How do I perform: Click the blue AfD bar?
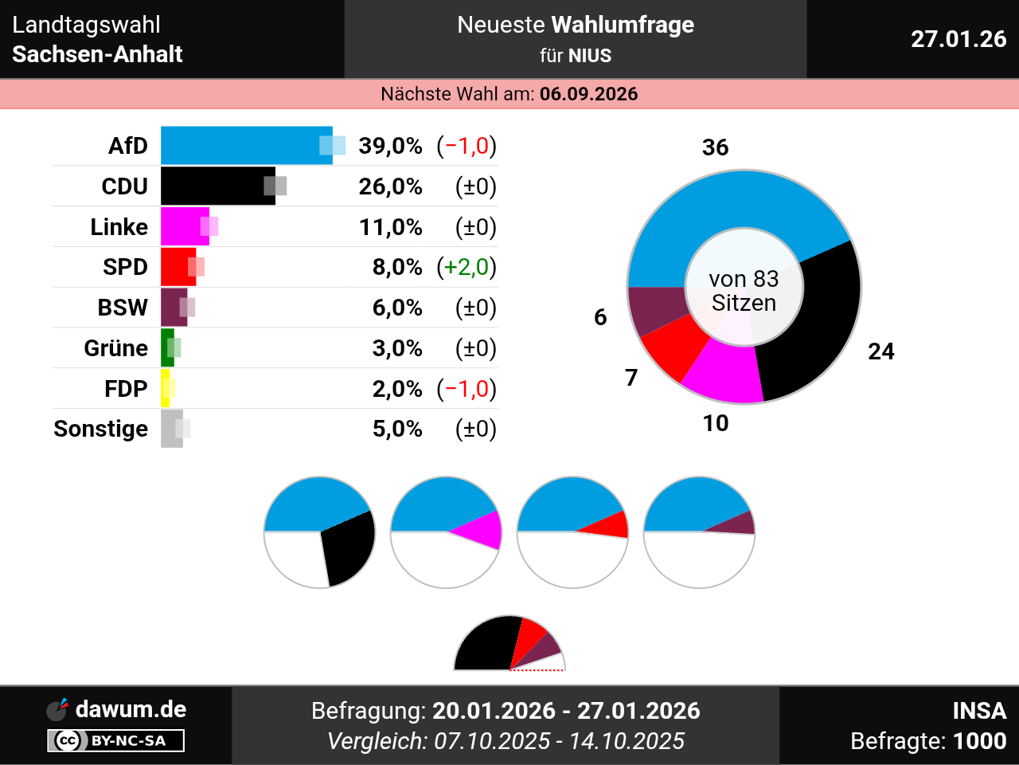pos(239,146)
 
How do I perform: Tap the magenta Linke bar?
pos(182,227)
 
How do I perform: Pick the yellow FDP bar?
pos(165,389)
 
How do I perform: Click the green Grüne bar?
pos(166,348)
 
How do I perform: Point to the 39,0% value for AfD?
pos(390,146)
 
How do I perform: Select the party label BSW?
pos(123,308)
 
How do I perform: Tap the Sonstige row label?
pos(101,429)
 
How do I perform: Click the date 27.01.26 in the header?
pos(958,39)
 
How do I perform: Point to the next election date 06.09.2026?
pos(588,94)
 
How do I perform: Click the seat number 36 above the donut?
pos(715,147)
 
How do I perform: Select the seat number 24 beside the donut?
pos(880,351)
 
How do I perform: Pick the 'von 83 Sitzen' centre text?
pos(744,291)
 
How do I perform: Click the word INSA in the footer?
pos(979,711)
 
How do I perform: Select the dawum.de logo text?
pos(131,709)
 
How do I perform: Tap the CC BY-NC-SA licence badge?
pos(116,741)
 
